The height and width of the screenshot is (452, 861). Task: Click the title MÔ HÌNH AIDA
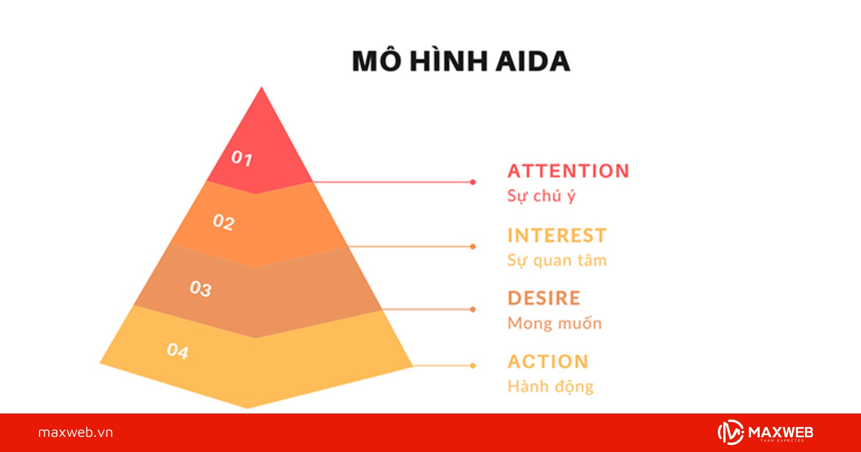(x=461, y=61)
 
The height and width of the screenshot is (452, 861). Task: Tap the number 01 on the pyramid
(x=241, y=158)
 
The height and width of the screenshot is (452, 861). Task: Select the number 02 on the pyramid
(x=223, y=222)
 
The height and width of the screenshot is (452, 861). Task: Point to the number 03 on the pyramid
(x=200, y=288)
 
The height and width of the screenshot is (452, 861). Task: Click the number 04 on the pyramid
(x=178, y=351)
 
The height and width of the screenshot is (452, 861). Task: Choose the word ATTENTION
(x=568, y=171)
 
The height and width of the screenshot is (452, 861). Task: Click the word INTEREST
(x=557, y=236)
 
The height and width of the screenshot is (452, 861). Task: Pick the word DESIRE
(x=544, y=298)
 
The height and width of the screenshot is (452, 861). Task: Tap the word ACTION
(x=548, y=361)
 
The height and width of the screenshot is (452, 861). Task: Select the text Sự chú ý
(x=541, y=196)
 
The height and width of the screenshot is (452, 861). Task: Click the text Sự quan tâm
(x=557, y=260)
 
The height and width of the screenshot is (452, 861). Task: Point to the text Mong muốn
(x=554, y=323)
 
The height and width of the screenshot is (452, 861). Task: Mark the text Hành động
(x=550, y=386)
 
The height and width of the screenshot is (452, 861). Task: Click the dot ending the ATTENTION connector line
(x=473, y=182)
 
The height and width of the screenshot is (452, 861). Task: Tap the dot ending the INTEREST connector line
(x=473, y=247)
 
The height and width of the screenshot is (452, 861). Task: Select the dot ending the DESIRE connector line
(x=473, y=309)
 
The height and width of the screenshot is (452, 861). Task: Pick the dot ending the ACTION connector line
(x=473, y=366)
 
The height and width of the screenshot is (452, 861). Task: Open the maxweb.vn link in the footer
(x=75, y=433)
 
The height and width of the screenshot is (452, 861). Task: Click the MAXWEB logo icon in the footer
(x=731, y=432)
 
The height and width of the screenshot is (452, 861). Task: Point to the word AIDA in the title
(x=533, y=61)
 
